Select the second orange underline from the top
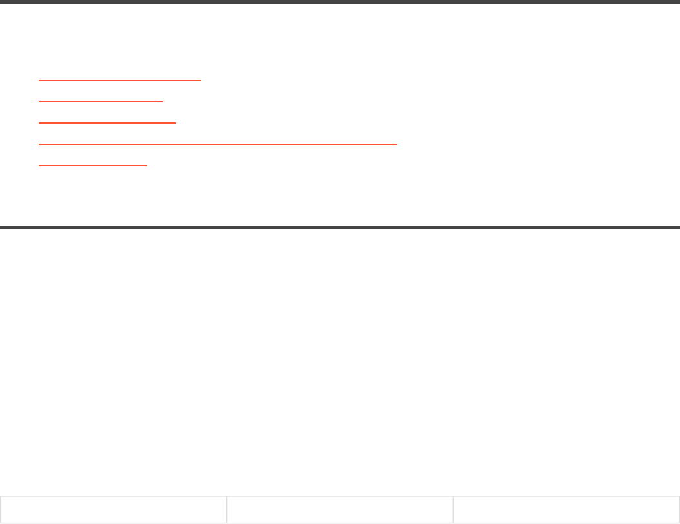101,101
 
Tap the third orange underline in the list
107,122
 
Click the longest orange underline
218,144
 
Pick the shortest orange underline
93,165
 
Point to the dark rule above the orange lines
340,2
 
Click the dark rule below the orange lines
340,227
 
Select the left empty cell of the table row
113,510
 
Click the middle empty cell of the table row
339,510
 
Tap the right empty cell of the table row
566,510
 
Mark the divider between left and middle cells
226,510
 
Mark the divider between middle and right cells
453,510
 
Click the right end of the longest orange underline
396,144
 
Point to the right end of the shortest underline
146,165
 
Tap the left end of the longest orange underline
40,144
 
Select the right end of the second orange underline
163,101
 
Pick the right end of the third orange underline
175,122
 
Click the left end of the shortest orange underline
40,165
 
